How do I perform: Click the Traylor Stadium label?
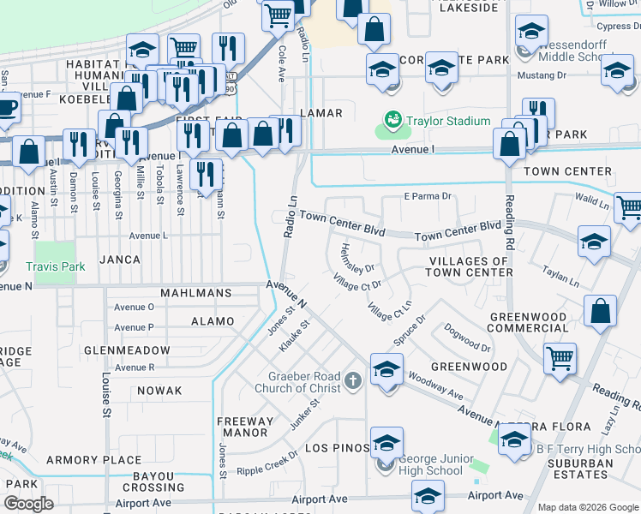click(448, 122)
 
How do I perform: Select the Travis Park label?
click(56, 266)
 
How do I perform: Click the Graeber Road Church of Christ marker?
click(352, 380)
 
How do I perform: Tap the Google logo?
click(29, 504)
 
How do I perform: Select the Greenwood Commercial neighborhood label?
click(528, 323)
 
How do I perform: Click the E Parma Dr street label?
click(428, 196)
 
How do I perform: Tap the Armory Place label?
click(93, 460)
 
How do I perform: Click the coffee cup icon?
click(7, 108)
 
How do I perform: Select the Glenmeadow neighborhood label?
click(127, 350)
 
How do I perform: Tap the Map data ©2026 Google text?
click(588, 507)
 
